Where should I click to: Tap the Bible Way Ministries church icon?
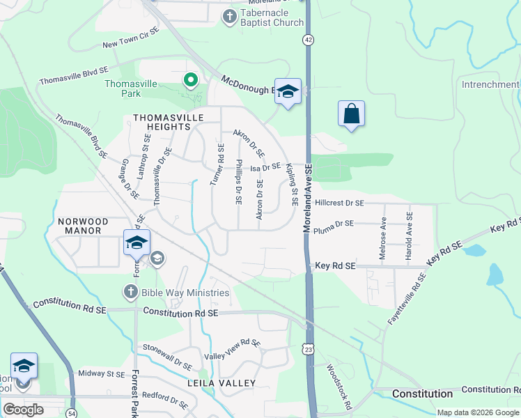click(131, 292)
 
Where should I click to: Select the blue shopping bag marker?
click(352, 114)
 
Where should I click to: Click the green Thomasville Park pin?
click(190, 80)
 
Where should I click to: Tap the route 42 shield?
click(308, 40)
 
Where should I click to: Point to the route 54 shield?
click(72, 413)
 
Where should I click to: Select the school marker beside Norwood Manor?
click(137, 242)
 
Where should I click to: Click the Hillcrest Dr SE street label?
click(339, 203)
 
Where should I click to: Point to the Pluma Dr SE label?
click(334, 226)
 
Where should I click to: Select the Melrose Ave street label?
click(383, 238)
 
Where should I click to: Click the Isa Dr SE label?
click(265, 167)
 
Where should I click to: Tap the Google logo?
click(23, 409)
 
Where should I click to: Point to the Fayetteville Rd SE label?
click(407, 299)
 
